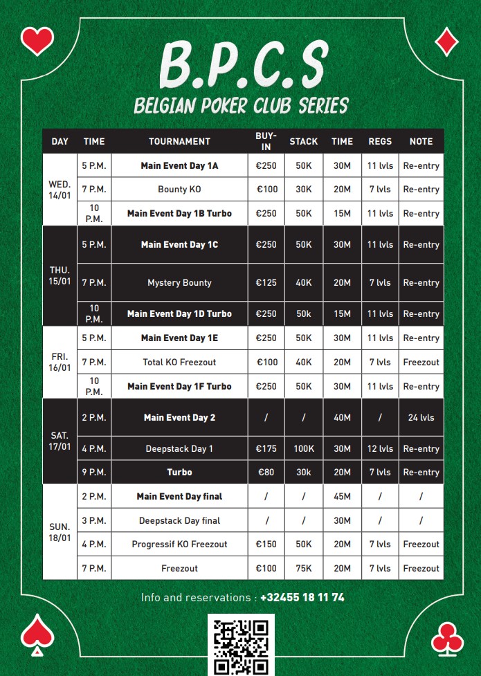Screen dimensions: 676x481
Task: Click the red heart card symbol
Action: (37, 41)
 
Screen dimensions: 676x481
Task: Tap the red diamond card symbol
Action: (446, 42)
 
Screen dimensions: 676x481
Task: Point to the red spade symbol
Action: (37, 633)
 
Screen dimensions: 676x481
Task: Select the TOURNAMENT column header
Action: (179, 141)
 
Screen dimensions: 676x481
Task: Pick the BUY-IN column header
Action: (266, 141)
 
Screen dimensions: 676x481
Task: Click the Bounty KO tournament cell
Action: (179, 189)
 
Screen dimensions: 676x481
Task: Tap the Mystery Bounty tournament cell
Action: (179, 282)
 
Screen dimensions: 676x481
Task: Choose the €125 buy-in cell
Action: (266, 282)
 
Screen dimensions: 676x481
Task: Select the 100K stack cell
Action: (303, 448)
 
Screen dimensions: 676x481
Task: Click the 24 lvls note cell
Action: (421, 417)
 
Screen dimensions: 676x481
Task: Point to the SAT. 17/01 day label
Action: (60, 441)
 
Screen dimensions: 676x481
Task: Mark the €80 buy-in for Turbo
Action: (266, 472)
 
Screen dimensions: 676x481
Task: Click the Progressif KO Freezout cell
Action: (179, 544)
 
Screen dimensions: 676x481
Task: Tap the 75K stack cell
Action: (303, 568)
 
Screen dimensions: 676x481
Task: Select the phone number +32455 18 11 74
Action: (302, 597)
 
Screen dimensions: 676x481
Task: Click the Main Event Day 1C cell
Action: (179, 244)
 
